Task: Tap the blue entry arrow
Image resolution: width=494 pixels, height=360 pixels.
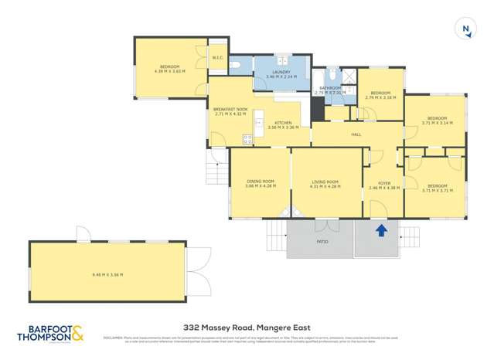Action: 380,230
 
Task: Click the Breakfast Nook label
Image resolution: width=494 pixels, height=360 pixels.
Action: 229,109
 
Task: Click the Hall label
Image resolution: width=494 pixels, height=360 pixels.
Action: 356,134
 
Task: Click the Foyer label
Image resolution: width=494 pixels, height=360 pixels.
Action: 383,183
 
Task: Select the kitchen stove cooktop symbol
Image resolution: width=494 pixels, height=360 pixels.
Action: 248,139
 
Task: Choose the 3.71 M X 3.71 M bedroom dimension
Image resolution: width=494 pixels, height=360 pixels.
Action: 437,189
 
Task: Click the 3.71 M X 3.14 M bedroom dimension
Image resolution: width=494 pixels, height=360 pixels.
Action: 437,122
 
